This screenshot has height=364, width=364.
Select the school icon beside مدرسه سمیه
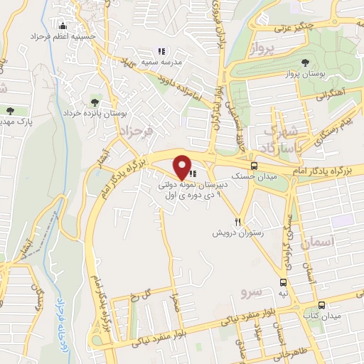click(x=161, y=51)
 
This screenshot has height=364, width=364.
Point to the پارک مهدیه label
click(x=16, y=122)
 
